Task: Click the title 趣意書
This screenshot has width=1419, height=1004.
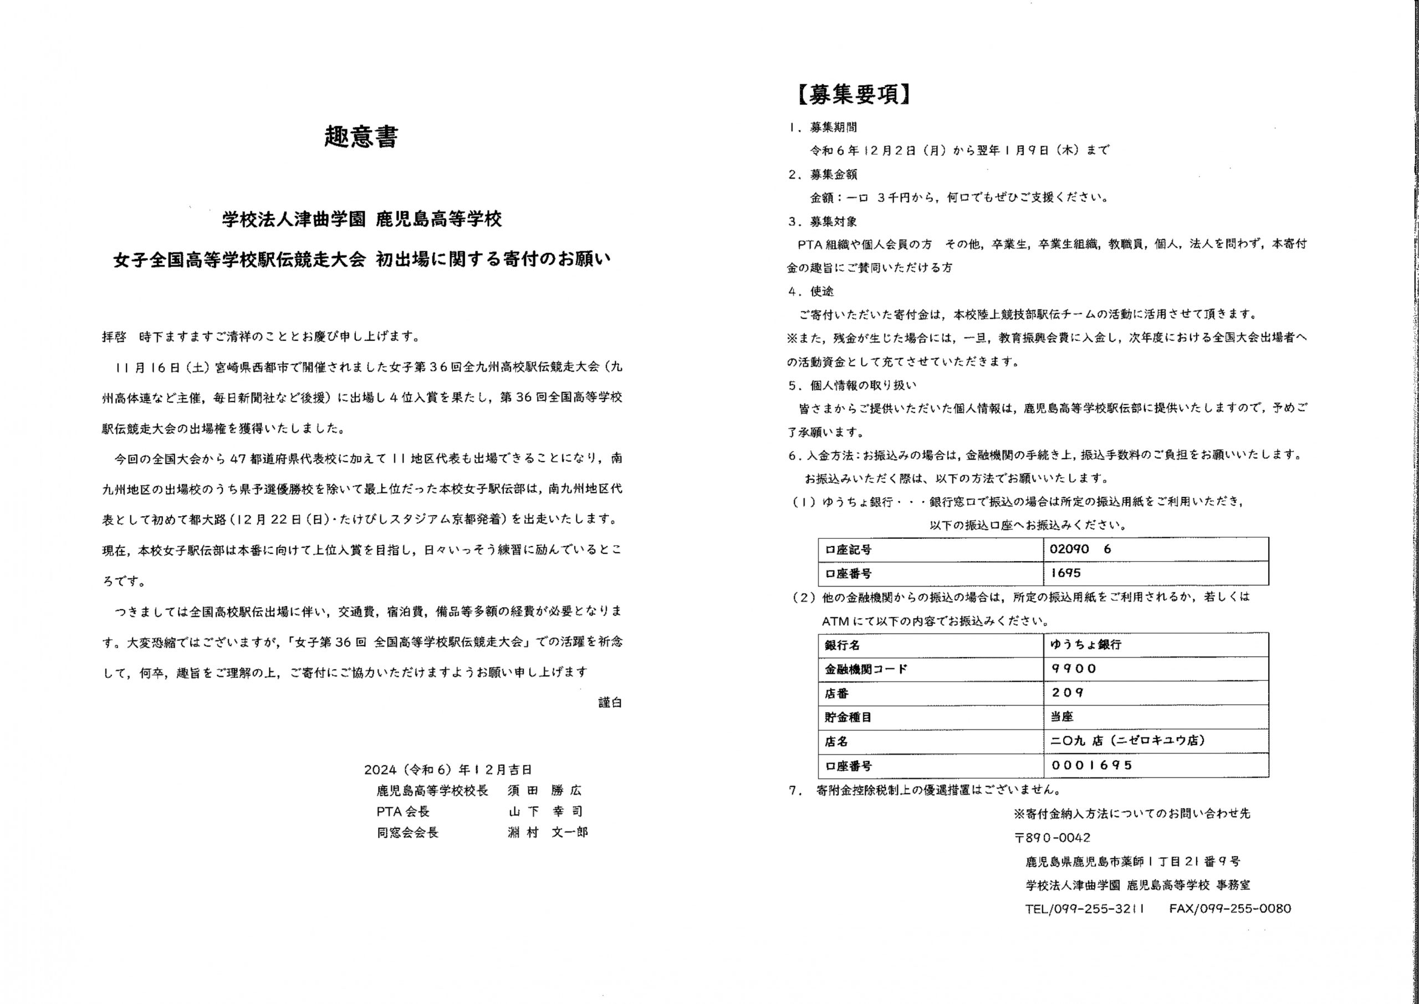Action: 361,137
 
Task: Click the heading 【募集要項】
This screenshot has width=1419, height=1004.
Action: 854,94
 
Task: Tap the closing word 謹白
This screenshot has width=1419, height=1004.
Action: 609,702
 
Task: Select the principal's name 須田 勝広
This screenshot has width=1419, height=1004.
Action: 544,790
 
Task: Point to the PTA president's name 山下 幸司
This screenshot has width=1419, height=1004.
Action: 545,811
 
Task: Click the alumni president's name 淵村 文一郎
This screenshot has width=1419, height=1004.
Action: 547,832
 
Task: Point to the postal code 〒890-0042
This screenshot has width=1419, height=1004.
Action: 1053,838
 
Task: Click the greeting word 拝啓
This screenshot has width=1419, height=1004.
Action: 114,337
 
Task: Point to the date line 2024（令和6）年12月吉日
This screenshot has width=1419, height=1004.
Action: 447,769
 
